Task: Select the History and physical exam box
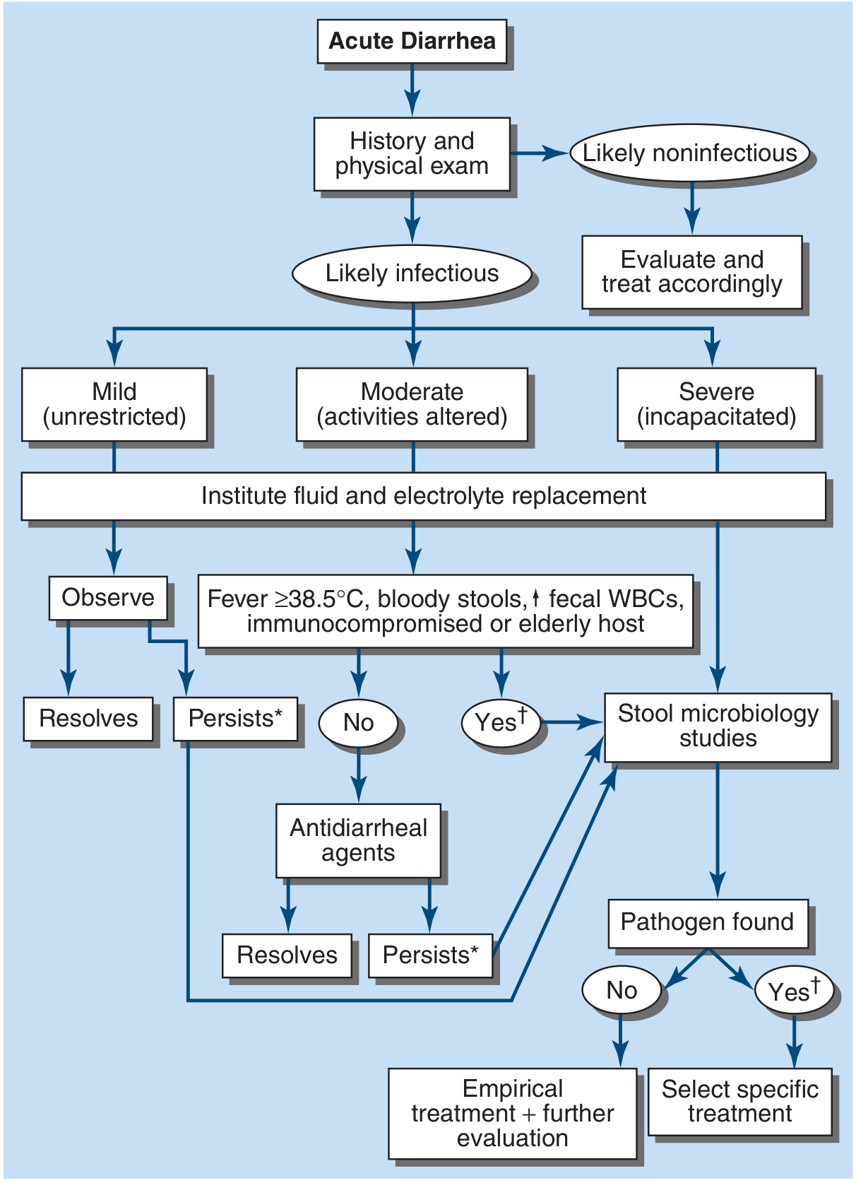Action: [x=412, y=153]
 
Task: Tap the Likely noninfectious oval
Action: [x=689, y=153]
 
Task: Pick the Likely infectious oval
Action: [x=412, y=273]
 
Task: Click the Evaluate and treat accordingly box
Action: [x=691, y=272]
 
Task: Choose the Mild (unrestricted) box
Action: [x=114, y=404]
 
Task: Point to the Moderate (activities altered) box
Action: [x=412, y=404]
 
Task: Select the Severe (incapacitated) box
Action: [x=716, y=404]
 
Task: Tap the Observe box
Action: [x=108, y=598]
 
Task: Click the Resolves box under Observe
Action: [x=88, y=719]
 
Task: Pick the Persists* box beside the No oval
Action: [x=235, y=719]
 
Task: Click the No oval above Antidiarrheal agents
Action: [x=358, y=723]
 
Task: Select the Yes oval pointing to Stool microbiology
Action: [x=501, y=723]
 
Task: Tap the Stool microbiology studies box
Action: [x=718, y=726]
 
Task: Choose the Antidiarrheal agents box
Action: [x=358, y=840]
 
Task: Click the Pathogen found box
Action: [x=708, y=922]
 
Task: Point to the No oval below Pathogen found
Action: [x=622, y=991]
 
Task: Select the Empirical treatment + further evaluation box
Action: [x=512, y=1113]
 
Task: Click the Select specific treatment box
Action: [x=739, y=1102]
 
